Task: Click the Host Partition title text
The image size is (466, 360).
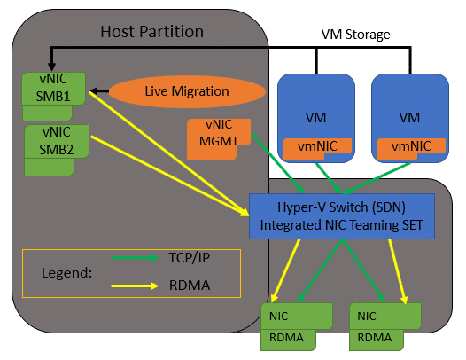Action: [151, 32]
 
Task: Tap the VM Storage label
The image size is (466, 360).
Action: [355, 35]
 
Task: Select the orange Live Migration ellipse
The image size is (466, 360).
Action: [187, 91]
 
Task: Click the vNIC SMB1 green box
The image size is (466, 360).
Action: [53, 96]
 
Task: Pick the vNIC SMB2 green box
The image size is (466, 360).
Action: [56, 150]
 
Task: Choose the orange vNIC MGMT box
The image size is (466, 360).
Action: [219, 139]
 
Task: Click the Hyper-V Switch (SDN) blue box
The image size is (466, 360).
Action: [341, 216]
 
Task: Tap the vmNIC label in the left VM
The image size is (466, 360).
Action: [317, 146]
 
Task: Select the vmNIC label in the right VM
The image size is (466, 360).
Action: [411, 146]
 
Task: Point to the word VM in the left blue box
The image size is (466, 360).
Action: [315, 118]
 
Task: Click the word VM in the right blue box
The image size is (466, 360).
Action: [409, 118]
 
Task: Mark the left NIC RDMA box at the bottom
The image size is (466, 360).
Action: [296, 326]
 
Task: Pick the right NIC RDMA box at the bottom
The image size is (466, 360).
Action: [385, 326]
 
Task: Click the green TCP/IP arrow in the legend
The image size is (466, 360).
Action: [135, 257]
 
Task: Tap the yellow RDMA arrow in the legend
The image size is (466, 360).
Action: [135, 286]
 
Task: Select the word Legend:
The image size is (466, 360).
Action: [66, 273]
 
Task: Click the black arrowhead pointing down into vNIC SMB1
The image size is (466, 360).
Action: [51, 67]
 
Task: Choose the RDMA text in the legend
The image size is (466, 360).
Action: [190, 285]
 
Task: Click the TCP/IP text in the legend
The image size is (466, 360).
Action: [190, 258]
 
